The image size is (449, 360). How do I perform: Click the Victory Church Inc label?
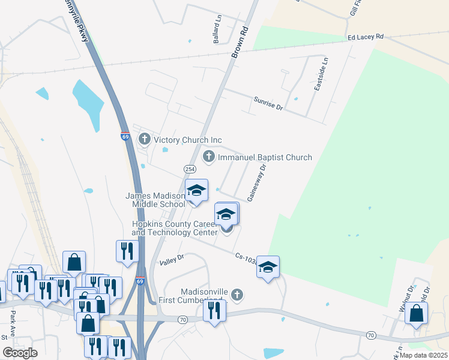pyautogui.click(x=188, y=140)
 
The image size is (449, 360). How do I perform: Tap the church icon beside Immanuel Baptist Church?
pyautogui.click(x=209, y=157)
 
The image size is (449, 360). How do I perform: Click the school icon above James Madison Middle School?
pyautogui.click(x=196, y=191)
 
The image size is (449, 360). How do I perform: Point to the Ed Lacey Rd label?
pyautogui.click(x=366, y=37)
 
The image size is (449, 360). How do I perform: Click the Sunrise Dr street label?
pyautogui.click(x=268, y=103)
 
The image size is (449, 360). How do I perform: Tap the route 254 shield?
pyautogui.click(x=190, y=170)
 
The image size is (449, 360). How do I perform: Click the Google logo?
pyautogui.click(x=19, y=353)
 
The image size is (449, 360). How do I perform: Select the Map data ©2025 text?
pyautogui.click(x=423, y=355)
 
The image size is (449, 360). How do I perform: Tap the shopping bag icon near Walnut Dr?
pyautogui.click(x=417, y=313)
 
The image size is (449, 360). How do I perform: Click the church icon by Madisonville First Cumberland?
pyautogui.click(x=238, y=295)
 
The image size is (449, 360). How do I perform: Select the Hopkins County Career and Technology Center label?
pyautogui.click(x=175, y=228)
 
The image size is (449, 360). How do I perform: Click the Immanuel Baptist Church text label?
pyautogui.click(x=265, y=157)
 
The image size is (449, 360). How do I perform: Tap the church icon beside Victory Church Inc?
pyautogui.click(x=144, y=140)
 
